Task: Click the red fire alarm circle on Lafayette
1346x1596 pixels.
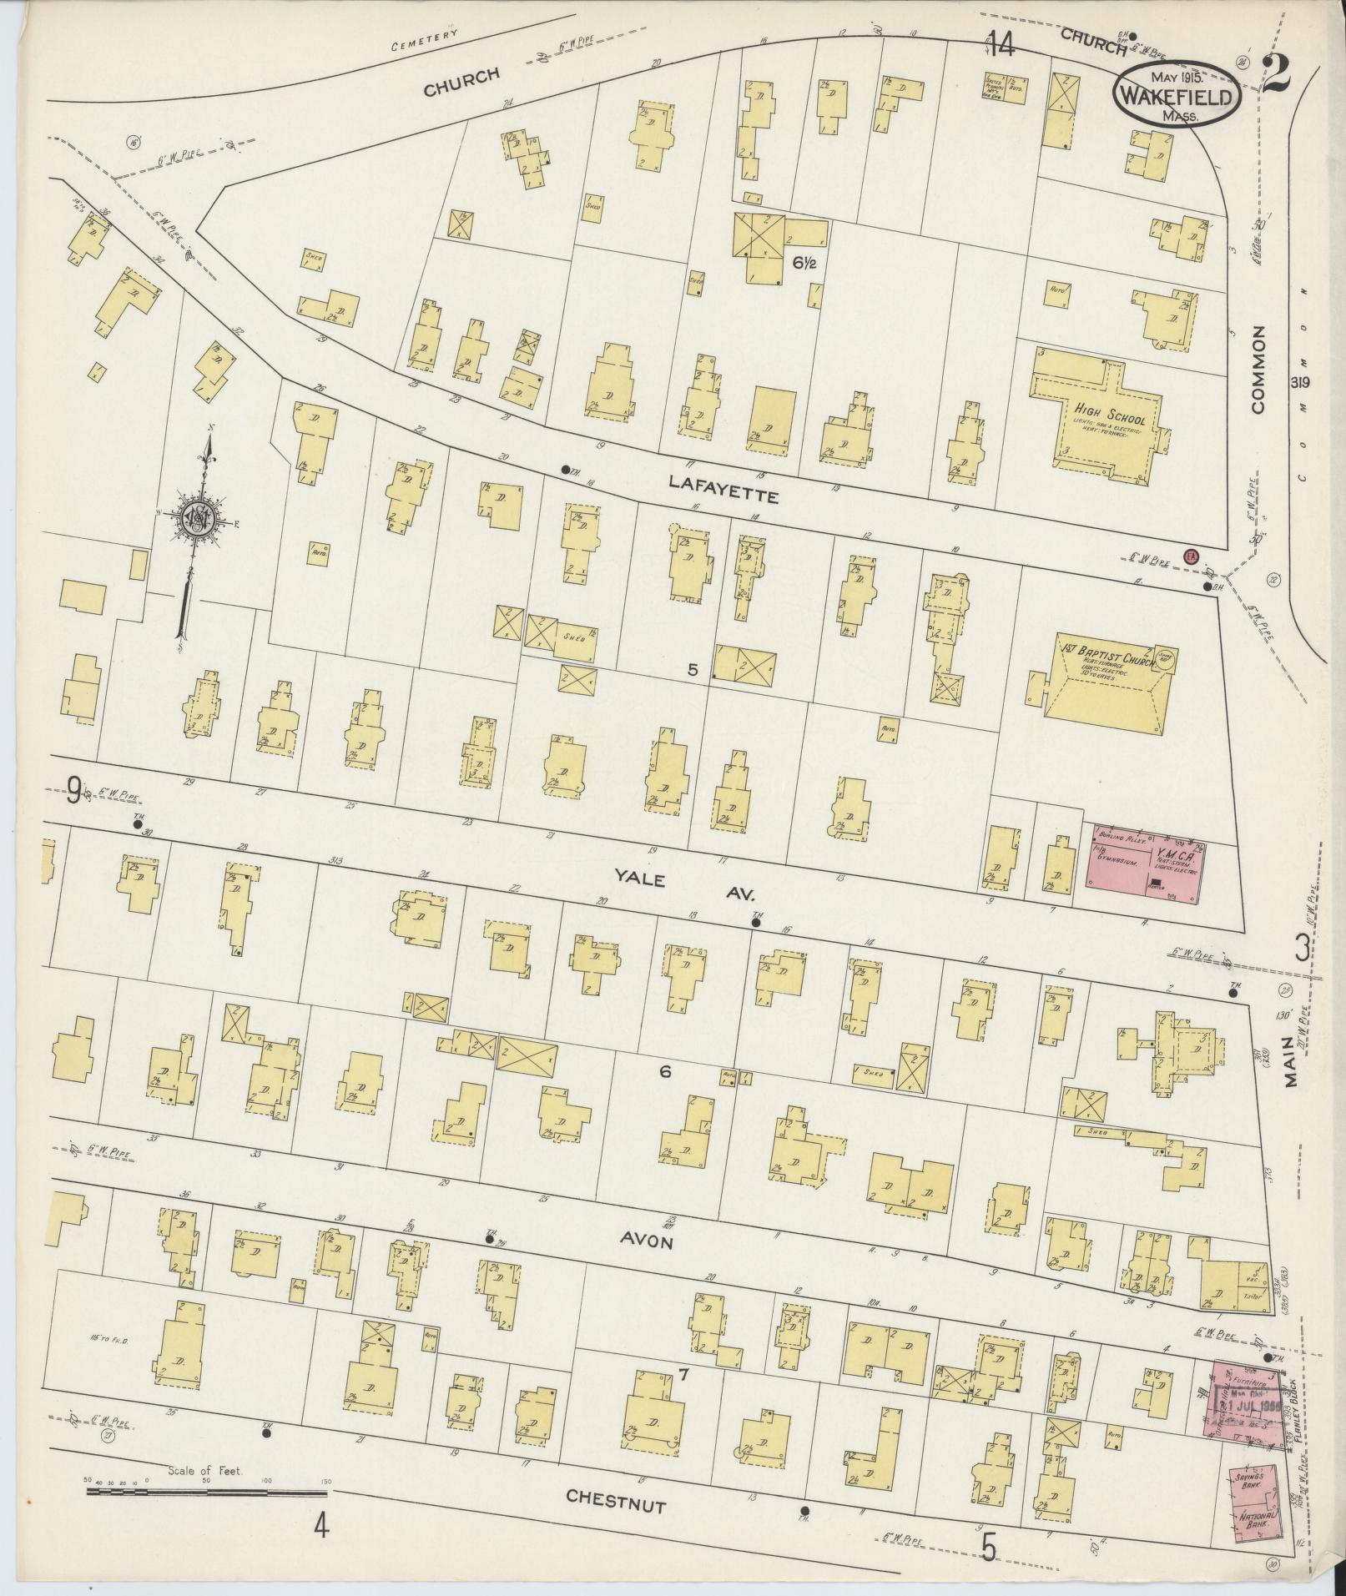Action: click(x=1191, y=555)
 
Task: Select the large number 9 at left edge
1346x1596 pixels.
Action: click(x=75, y=789)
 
